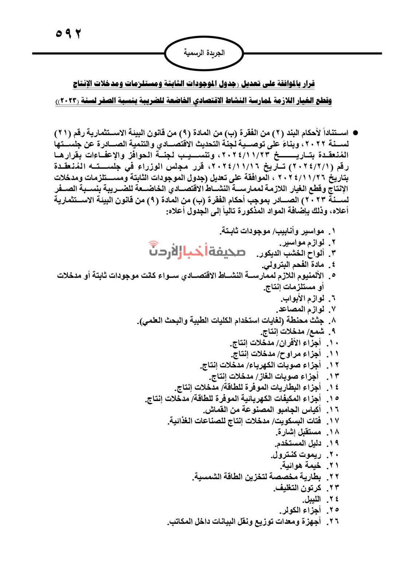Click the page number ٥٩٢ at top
68,34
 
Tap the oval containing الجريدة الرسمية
204,53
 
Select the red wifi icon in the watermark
154,244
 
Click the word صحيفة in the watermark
227,251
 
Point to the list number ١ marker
332,231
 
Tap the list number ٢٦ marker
332,522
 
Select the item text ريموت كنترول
296,455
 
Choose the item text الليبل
311,499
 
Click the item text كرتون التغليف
298,488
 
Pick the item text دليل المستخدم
298,443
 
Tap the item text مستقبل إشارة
299,433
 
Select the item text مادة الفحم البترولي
293,265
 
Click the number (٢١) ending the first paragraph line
63,133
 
